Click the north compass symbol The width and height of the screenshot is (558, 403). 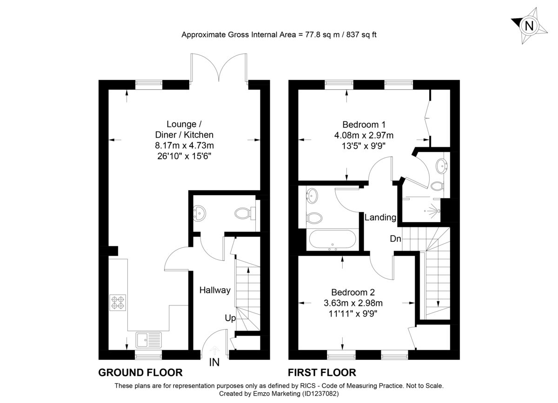(x=529, y=25)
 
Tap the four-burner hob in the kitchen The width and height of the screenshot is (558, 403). (x=118, y=303)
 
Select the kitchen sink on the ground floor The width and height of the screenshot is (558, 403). (x=148, y=340)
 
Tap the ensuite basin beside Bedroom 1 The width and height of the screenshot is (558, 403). (x=441, y=165)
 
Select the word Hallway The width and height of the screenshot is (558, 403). (x=215, y=290)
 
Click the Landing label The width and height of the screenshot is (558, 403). (x=380, y=217)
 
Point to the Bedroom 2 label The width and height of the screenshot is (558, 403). (x=353, y=292)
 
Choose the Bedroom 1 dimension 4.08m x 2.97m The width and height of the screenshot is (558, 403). (x=364, y=135)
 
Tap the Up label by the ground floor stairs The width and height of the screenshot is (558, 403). (x=230, y=318)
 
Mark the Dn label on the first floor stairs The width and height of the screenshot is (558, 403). (x=396, y=238)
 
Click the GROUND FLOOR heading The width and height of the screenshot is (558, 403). (x=140, y=372)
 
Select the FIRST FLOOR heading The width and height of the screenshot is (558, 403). (x=322, y=372)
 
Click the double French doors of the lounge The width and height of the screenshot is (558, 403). (x=219, y=70)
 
